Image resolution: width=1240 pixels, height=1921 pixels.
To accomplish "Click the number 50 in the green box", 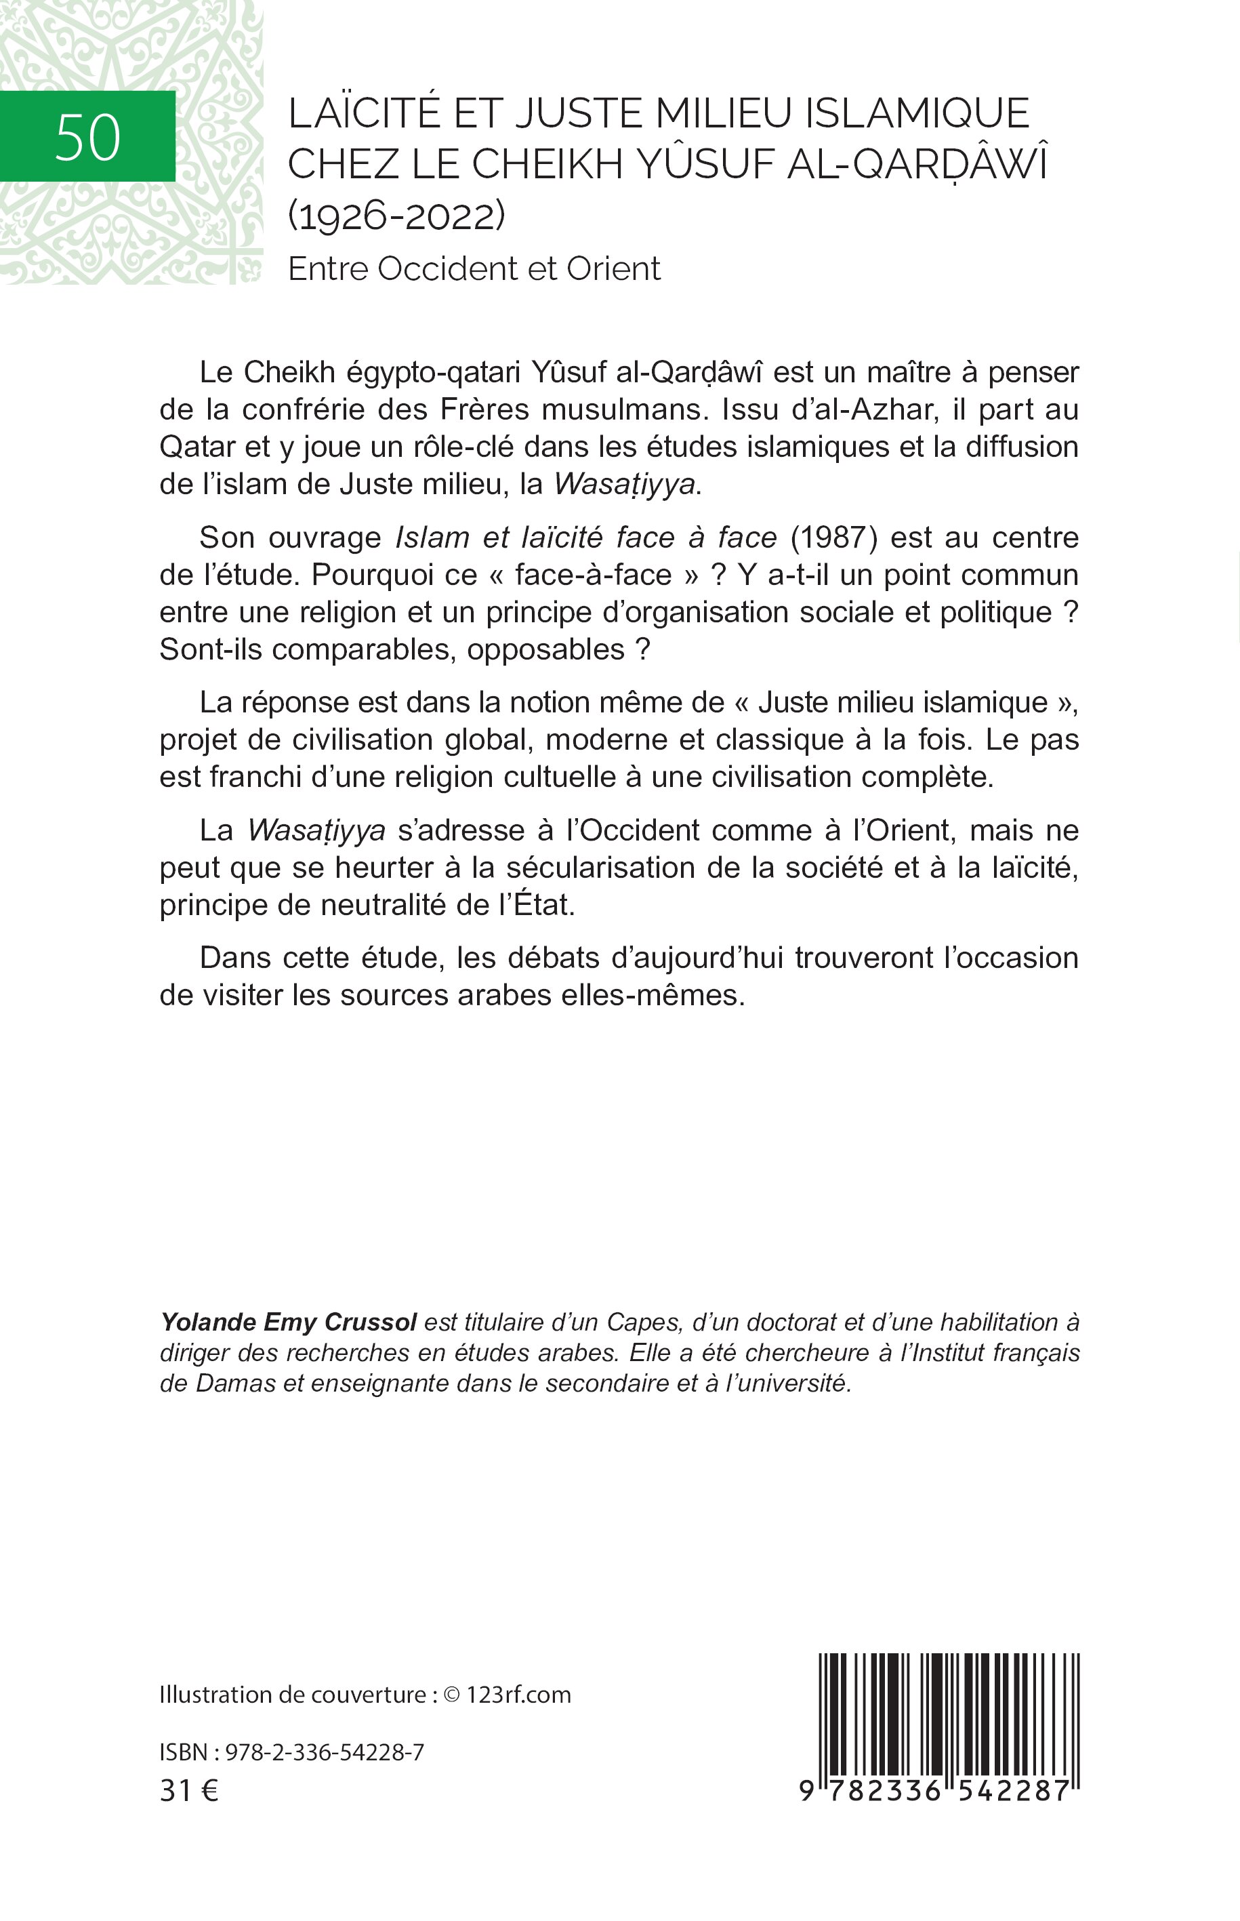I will (88, 137).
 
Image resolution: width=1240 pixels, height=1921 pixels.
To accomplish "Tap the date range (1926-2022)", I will (396, 216).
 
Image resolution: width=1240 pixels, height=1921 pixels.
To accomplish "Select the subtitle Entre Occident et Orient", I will (474, 268).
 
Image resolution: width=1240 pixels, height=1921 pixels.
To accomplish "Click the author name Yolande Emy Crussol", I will (288, 1322).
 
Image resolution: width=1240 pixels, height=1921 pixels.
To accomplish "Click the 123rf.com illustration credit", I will (518, 1695).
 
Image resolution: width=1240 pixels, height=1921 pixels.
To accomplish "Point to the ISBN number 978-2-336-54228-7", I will (325, 1754).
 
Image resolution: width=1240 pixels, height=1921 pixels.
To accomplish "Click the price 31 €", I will (189, 1791).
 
